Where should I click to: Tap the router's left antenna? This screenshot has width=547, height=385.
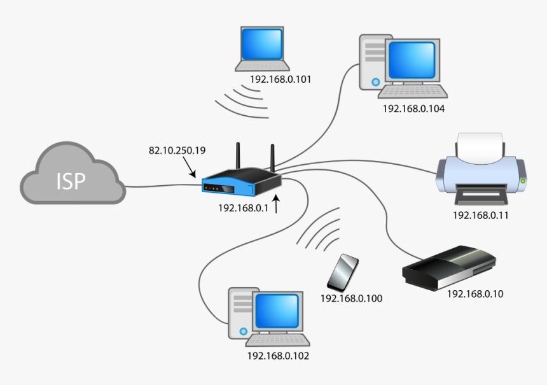[239, 156]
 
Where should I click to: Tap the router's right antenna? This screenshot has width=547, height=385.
[272, 157]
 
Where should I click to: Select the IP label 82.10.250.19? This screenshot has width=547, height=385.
[177, 150]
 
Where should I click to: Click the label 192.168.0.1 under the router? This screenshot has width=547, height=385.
[244, 207]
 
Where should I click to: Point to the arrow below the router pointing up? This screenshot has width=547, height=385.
[277, 205]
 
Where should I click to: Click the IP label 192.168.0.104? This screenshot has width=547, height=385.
[413, 108]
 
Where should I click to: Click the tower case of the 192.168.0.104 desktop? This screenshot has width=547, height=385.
[373, 62]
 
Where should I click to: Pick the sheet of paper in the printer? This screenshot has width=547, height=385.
[481, 147]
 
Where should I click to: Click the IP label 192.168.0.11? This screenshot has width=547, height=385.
[480, 215]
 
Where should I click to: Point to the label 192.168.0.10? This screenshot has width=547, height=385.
[475, 294]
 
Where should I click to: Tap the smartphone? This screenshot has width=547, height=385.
[343, 273]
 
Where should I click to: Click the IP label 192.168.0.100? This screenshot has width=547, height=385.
[351, 298]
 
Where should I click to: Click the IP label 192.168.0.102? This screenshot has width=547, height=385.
[278, 356]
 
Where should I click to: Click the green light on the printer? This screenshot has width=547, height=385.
[523, 181]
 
